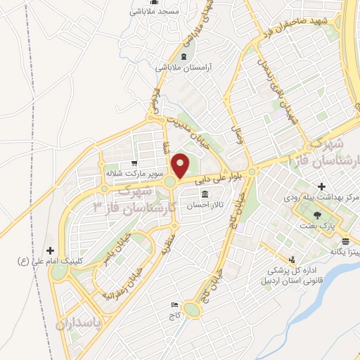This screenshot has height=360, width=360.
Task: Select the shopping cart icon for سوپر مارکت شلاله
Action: tap(133, 163)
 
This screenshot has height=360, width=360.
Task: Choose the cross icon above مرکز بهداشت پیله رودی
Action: tap(321, 187)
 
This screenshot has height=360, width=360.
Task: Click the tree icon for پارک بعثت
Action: tap(318, 217)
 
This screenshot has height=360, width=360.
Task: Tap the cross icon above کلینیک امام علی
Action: tap(50, 250)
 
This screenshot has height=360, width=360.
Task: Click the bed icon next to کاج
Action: tap(174, 305)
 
